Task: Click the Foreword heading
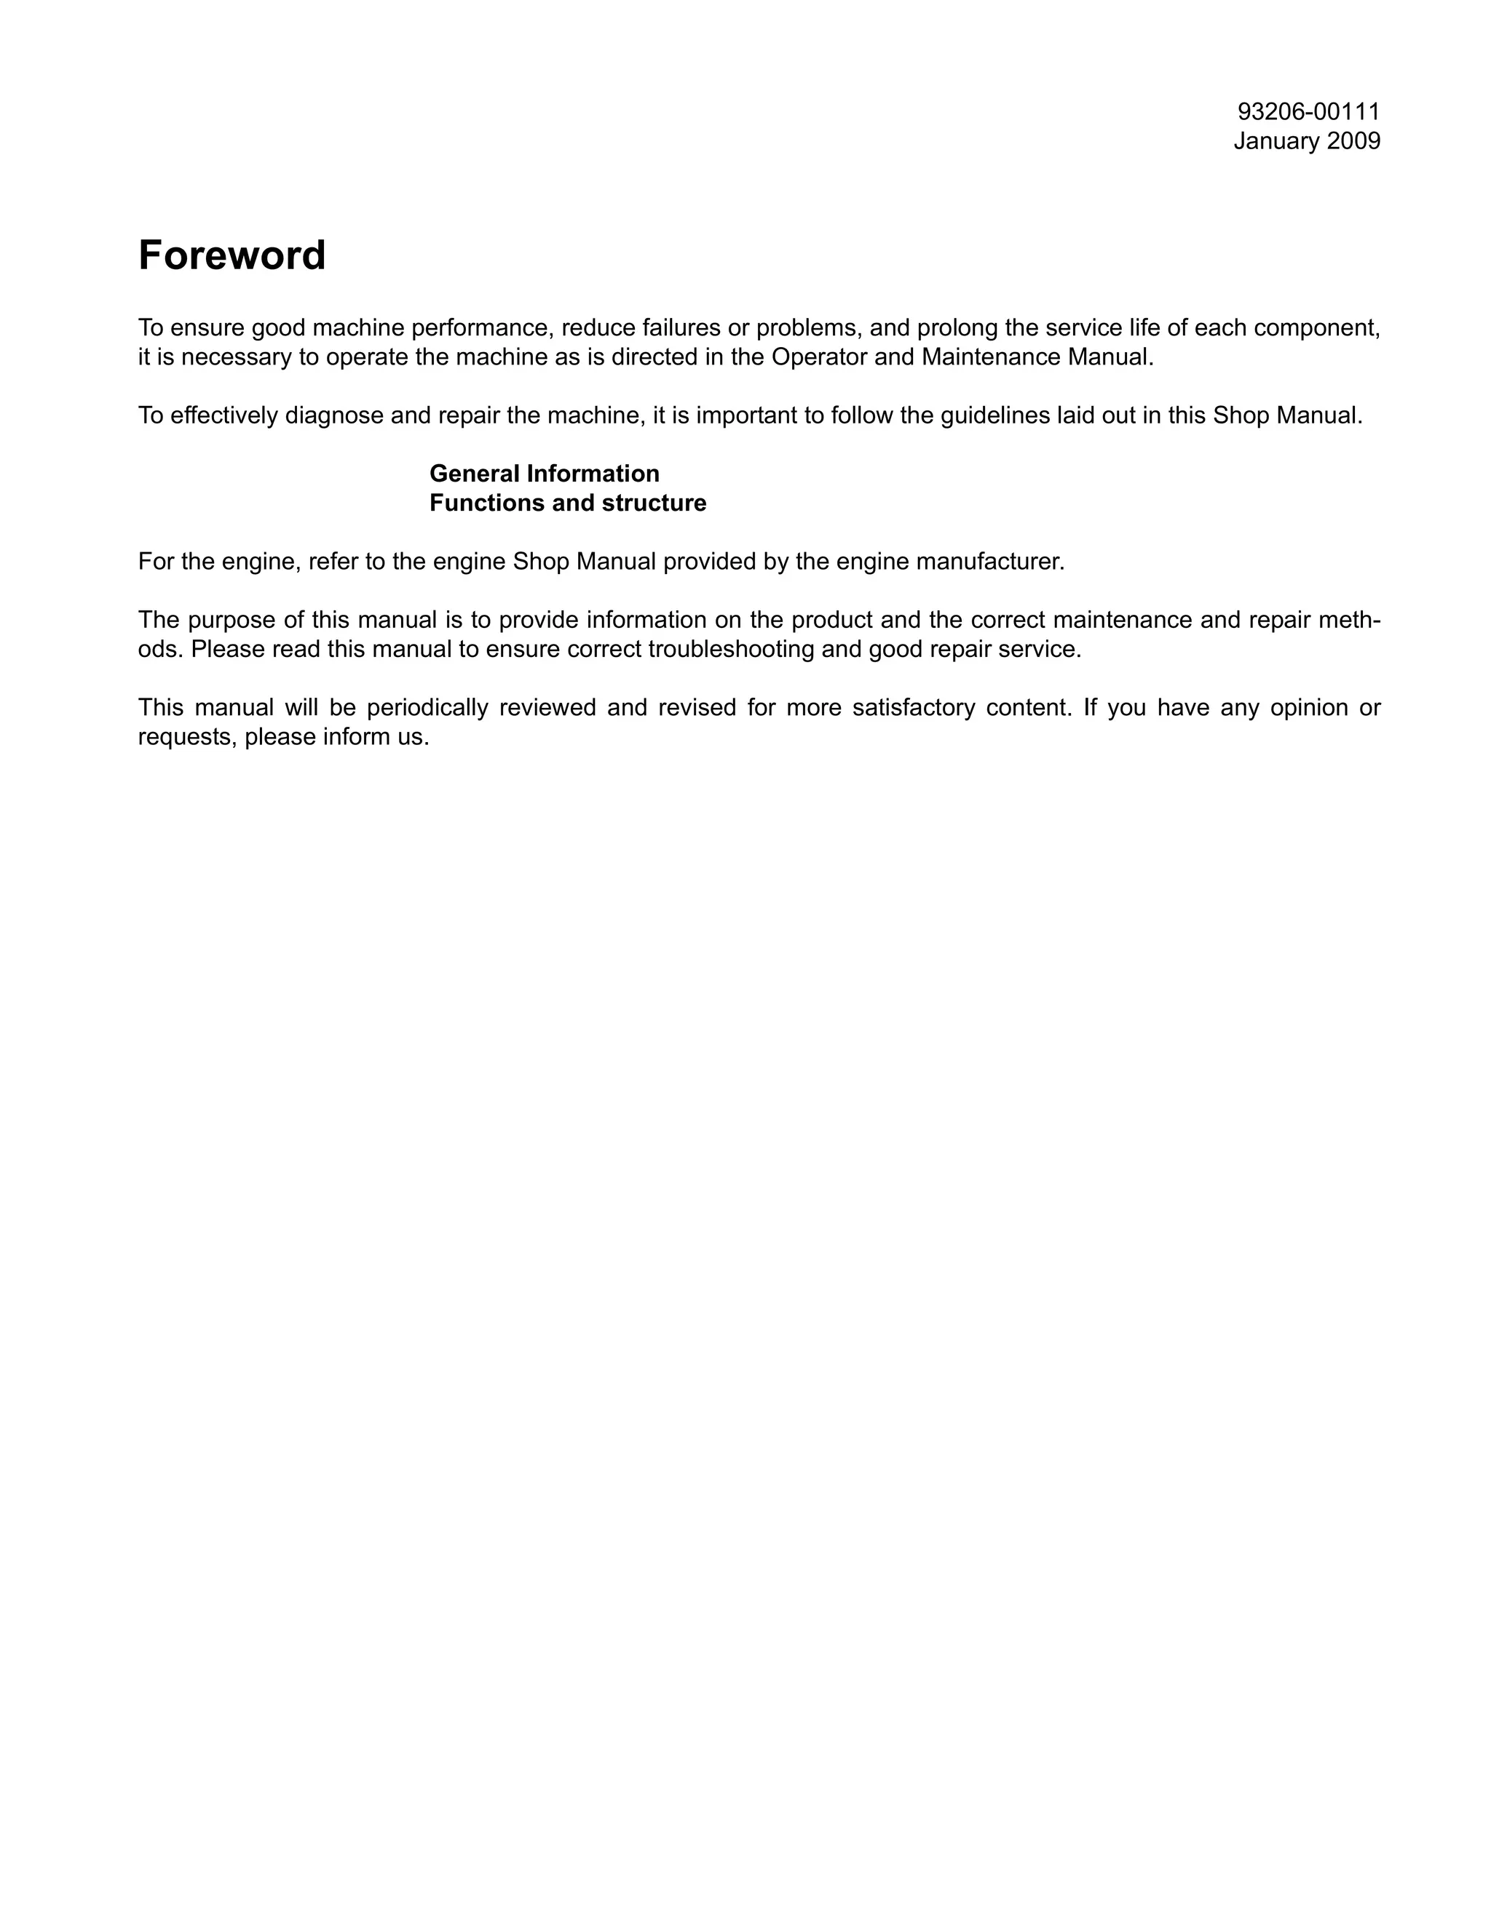232,256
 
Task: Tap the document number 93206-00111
1308,112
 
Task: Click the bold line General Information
544,474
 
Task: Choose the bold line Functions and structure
567,503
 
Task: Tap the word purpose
232,621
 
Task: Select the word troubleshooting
730,650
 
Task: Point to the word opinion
1309,708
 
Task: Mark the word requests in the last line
187,737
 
